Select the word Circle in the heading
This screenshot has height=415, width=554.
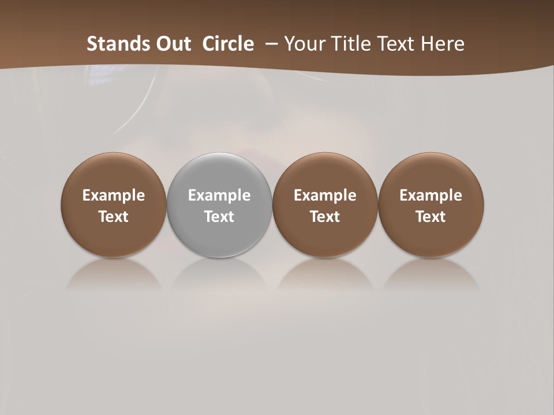pos(228,44)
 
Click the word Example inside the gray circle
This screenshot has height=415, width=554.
pos(219,195)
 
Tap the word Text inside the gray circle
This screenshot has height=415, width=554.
pos(219,217)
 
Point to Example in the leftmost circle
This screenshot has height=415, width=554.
pos(114,195)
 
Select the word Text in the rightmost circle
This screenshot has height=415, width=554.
pos(431,217)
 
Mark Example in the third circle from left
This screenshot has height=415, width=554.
pos(325,195)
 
